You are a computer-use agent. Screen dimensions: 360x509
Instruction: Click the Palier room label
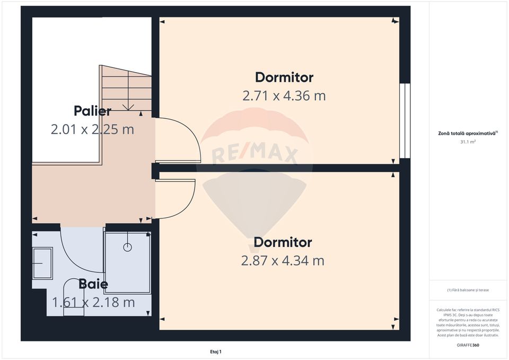point(92,111)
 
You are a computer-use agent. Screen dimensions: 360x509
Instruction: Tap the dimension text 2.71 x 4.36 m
point(284,96)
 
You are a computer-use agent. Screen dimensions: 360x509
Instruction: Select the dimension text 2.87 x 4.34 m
point(283,261)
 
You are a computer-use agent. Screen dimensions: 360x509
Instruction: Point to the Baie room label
point(93,284)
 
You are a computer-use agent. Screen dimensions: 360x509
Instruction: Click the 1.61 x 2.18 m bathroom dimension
point(93,303)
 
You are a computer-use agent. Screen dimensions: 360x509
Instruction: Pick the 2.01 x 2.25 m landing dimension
point(92,129)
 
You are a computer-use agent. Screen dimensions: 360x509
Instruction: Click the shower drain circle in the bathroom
point(127,247)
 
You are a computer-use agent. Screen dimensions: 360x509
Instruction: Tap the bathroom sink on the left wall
point(42,262)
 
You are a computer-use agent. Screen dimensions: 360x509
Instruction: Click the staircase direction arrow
point(128,106)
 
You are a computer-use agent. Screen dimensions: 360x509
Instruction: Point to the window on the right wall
point(405,121)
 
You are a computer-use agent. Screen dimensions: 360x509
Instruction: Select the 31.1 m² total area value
point(468,142)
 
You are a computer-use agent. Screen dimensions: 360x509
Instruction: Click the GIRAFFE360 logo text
point(468,345)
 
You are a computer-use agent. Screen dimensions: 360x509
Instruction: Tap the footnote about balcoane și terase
point(468,290)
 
